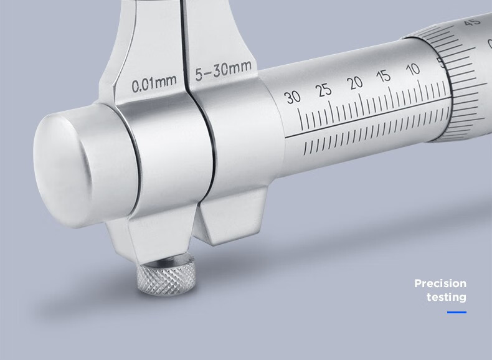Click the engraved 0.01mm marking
(x=154, y=83)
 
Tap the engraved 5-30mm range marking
(x=224, y=70)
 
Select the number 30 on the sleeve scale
(x=293, y=97)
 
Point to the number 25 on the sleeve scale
(x=324, y=90)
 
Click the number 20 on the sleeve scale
(x=355, y=83)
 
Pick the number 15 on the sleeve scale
(x=384, y=76)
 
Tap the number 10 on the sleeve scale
(x=412, y=69)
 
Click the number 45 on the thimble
(x=473, y=22)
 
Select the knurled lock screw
(x=166, y=275)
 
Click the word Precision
(x=440, y=283)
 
